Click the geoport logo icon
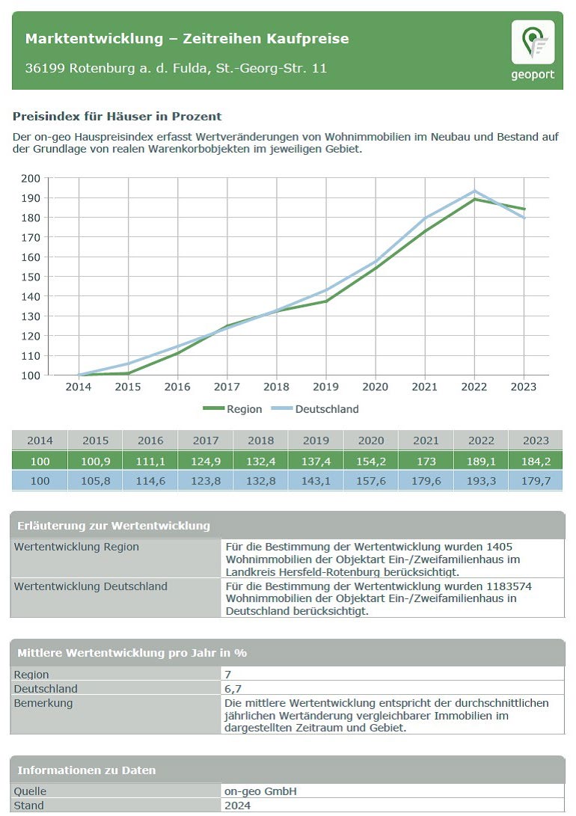click(x=533, y=42)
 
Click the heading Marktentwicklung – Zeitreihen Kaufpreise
click(x=187, y=38)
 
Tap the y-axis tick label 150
click(x=31, y=277)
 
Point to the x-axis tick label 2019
click(x=325, y=387)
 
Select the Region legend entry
click(x=233, y=409)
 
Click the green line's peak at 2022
click(x=474, y=199)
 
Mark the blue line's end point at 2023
click(x=524, y=218)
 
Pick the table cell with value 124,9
click(x=206, y=461)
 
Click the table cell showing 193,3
click(x=481, y=481)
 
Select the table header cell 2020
click(x=371, y=441)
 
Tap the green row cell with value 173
click(x=426, y=461)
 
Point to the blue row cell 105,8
click(x=95, y=481)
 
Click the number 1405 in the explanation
click(x=500, y=547)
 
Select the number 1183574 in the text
click(x=509, y=586)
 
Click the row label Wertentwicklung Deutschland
click(x=91, y=586)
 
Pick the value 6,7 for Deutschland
click(x=233, y=689)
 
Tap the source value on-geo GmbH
click(x=260, y=791)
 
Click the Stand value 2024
click(x=237, y=806)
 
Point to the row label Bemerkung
click(x=43, y=703)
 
